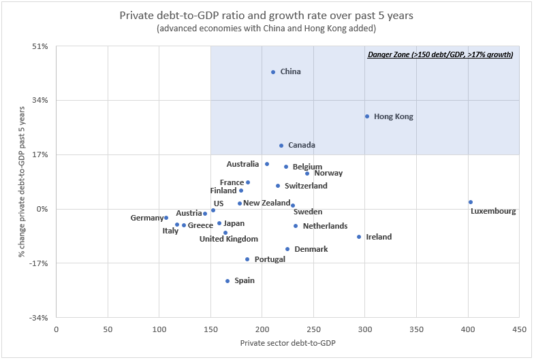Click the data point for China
[273, 72]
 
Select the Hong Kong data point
[367, 116]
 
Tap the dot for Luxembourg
[471, 202]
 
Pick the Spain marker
[227, 281]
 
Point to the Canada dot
[281, 146]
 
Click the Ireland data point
[359, 237]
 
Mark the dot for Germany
[166, 218]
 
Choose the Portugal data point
[247, 259]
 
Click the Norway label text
[328, 174]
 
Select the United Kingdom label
[229, 239]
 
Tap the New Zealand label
[267, 203]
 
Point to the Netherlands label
[325, 226]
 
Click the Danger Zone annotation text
[440, 55]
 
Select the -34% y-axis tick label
[38, 318]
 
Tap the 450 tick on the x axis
[519, 329]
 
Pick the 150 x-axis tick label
[210, 329]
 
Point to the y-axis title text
[22, 182]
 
